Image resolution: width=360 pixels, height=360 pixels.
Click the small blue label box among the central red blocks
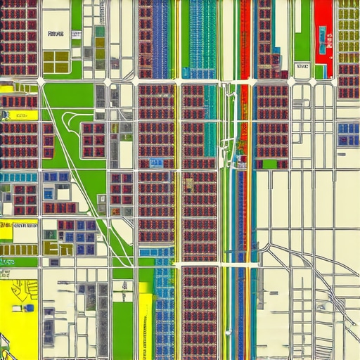tap(155, 163)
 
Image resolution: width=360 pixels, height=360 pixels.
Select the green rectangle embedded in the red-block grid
tap(269, 164)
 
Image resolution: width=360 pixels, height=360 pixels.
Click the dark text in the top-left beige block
tap(54, 34)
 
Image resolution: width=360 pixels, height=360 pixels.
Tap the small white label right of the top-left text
tap(76, 34)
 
